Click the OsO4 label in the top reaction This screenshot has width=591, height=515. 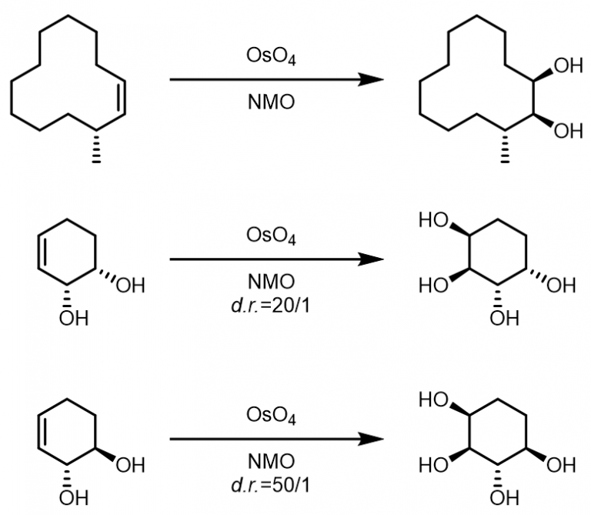tap(269, 57)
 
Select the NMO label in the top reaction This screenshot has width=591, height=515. tap(269, 101)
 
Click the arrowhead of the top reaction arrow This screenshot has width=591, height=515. tap(372, 79)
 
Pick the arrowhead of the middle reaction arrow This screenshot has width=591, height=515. tap(372, 259)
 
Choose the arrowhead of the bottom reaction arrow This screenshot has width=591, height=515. tap(372, 440)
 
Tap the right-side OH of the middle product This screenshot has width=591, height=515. tap(560, 286)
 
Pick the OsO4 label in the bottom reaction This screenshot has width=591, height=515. tap(269, 416)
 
